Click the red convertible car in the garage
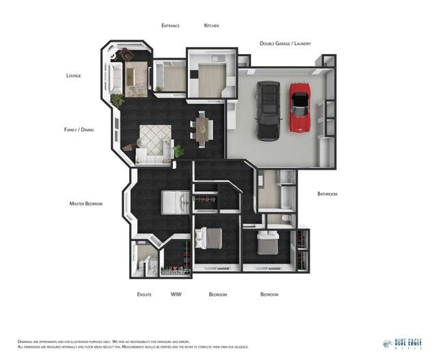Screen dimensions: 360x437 point(302,108)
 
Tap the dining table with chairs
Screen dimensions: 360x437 point(203,129)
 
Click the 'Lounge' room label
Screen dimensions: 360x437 point(73,75)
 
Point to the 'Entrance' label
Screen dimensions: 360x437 point(170,25)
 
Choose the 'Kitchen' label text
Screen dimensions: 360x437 point(211,25)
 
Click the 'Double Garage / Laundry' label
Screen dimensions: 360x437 point(284,43)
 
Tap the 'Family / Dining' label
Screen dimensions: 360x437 point(79,129)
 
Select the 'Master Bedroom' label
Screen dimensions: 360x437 point(85,203)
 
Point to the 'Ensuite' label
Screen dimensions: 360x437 point(144,294)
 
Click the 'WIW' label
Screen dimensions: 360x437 point(176,294)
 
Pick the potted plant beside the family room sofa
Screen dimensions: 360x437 point(179,151)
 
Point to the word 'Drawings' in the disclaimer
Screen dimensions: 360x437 point(25,341)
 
